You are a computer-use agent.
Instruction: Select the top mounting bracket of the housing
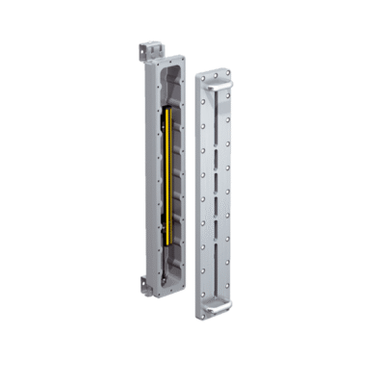pos(148,46)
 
